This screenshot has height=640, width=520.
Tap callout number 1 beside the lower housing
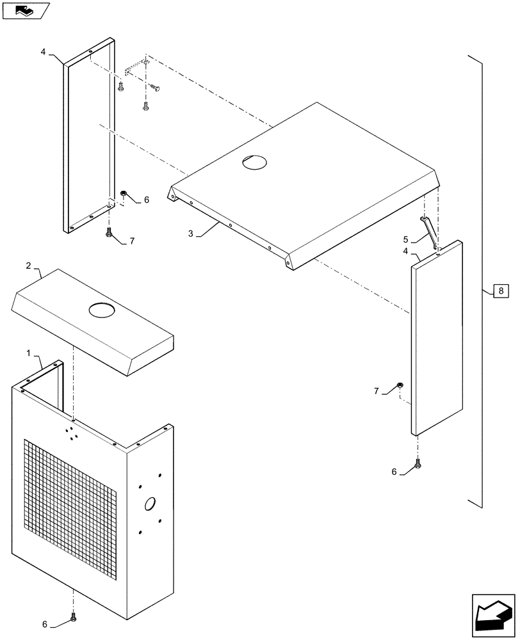[28, 353]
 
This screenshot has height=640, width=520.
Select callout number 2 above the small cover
[28, 265]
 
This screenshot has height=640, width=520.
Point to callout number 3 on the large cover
[191, 234]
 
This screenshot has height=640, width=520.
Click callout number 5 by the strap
[405, 239]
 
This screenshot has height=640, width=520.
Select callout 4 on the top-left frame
[44, 52]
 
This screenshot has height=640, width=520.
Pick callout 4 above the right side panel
[405, 252]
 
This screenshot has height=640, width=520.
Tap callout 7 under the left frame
[132, 241]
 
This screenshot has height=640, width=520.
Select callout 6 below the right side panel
[395, 472]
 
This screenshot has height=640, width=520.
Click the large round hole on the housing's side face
[150, 504]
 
